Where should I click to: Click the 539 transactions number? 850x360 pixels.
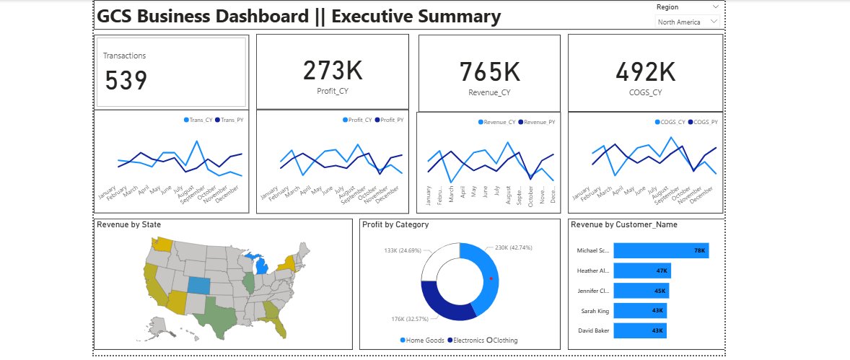[126, 80]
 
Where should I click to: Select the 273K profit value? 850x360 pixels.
[333, 71]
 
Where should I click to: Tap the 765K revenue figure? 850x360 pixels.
[489, 72]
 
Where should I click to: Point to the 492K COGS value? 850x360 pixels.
[646, 72]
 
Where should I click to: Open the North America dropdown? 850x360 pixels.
[688, 22]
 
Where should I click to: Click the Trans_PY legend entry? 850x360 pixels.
[230, 120]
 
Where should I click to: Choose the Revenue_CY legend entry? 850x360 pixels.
[499, 123]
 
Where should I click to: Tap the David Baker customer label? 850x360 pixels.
[593, 330]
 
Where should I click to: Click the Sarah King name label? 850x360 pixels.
[595, 311]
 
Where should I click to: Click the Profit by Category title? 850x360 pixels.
[395, 224]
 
